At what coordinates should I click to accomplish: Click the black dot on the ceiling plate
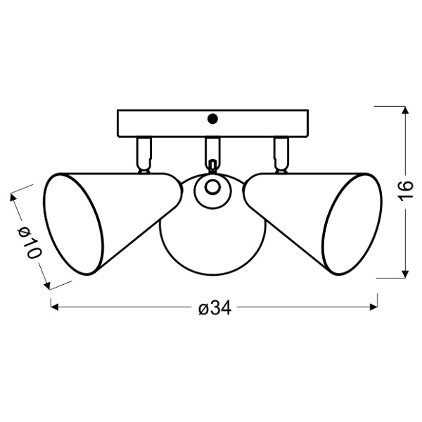point(214,120)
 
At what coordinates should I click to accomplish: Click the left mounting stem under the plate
point(144,153)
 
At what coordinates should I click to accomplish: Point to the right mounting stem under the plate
point(281,153)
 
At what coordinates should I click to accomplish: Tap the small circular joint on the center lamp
point(212,188)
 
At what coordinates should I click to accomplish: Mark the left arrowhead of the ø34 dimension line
point(53,307)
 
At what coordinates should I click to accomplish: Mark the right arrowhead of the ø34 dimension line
point(373,307)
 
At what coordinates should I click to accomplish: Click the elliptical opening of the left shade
point(72,225)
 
